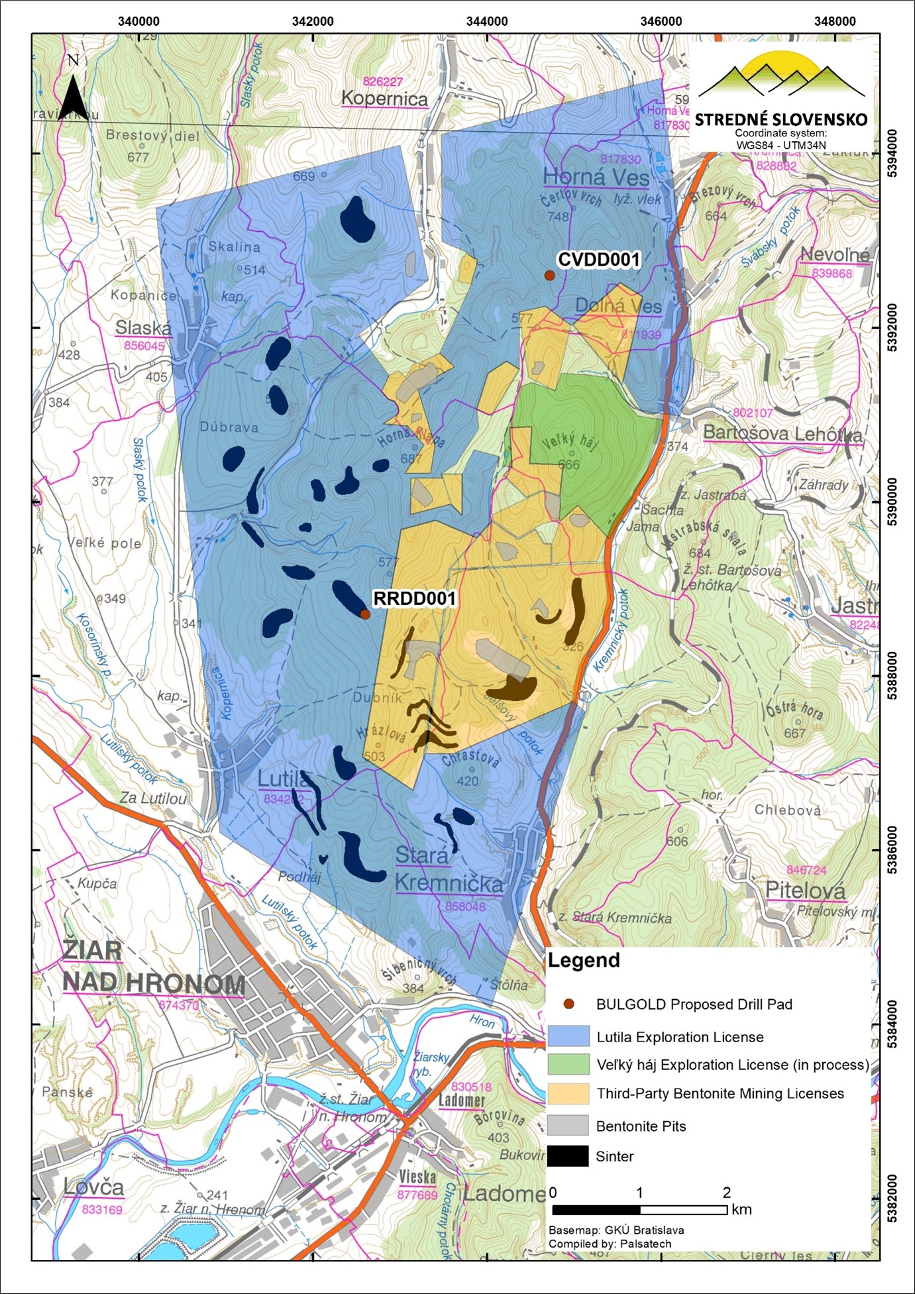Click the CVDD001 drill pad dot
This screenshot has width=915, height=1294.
pyautogui.click(x=549, y=276)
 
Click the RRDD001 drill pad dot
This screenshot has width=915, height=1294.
pyautogui.click(x=365, y=614)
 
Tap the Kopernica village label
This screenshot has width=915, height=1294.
pyautogui.click(x=384, y=99)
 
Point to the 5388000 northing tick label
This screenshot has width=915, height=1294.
pyautogui.click(x=892, y=676)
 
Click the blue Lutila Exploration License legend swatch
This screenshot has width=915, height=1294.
pyautogui.click(x=568, y=1036)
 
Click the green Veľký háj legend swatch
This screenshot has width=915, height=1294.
pyautogui.click(x=568, y=1065)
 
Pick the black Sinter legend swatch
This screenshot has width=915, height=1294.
pyautogui.click(x=568, y=1156)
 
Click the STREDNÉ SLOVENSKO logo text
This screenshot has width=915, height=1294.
pyautogui.click(x=781, y=120)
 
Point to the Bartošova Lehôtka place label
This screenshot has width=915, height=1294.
pyautogui.click(x=782, y=433)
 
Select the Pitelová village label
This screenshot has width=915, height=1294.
pyautogui.click(x=805, y=890)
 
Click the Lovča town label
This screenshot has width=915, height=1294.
pyautogui.click(x=93, y=1187)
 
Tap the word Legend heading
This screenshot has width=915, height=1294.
pyautogui.click(x=584, y=960)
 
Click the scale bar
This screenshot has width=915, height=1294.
pyautogui.click(x=640, y=1210)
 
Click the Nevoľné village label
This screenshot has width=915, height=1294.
pyautogui.click(x=835, y=254)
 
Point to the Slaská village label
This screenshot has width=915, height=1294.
pyautogui.click(x=143, y=327)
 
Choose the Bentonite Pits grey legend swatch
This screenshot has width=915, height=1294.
pyautogui.click(x=568, y=1125)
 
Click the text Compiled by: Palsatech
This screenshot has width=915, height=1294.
pyautogui.click(x=610, y=1244)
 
